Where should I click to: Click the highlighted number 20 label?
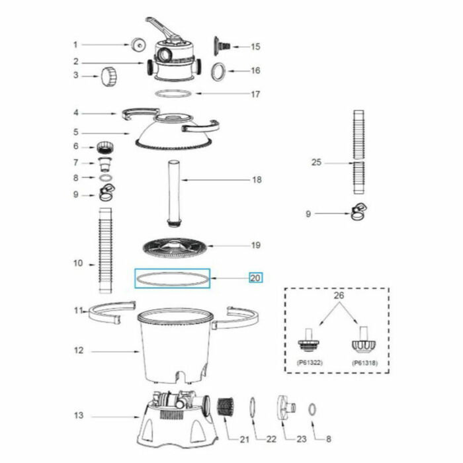(256, 278)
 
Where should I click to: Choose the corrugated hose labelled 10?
(104, 251)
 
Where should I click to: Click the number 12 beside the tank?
(79, 351)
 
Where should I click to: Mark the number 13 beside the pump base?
(79, 416)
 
